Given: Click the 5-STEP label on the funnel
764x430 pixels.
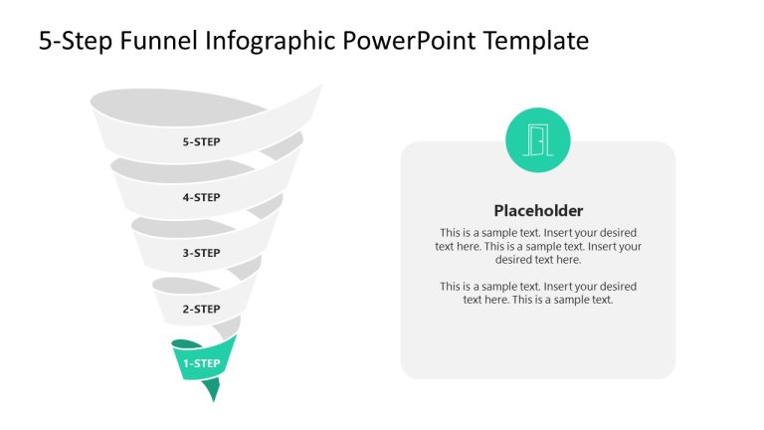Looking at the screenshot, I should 201,142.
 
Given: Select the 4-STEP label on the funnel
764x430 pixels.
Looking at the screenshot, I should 201,198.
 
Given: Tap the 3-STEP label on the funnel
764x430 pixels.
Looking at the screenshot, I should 201,254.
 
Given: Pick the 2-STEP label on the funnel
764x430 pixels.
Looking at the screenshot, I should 201,310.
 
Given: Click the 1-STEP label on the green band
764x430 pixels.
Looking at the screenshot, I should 201,364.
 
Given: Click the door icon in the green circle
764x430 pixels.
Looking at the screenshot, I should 538,140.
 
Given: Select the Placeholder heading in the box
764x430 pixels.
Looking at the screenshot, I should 538,211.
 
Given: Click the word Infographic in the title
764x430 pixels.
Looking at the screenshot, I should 269,41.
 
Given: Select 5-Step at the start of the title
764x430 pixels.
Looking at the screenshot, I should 75,41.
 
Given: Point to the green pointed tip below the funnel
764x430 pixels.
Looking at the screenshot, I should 211,391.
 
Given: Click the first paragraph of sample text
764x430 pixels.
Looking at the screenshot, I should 538,246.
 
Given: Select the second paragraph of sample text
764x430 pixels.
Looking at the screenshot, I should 538,293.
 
